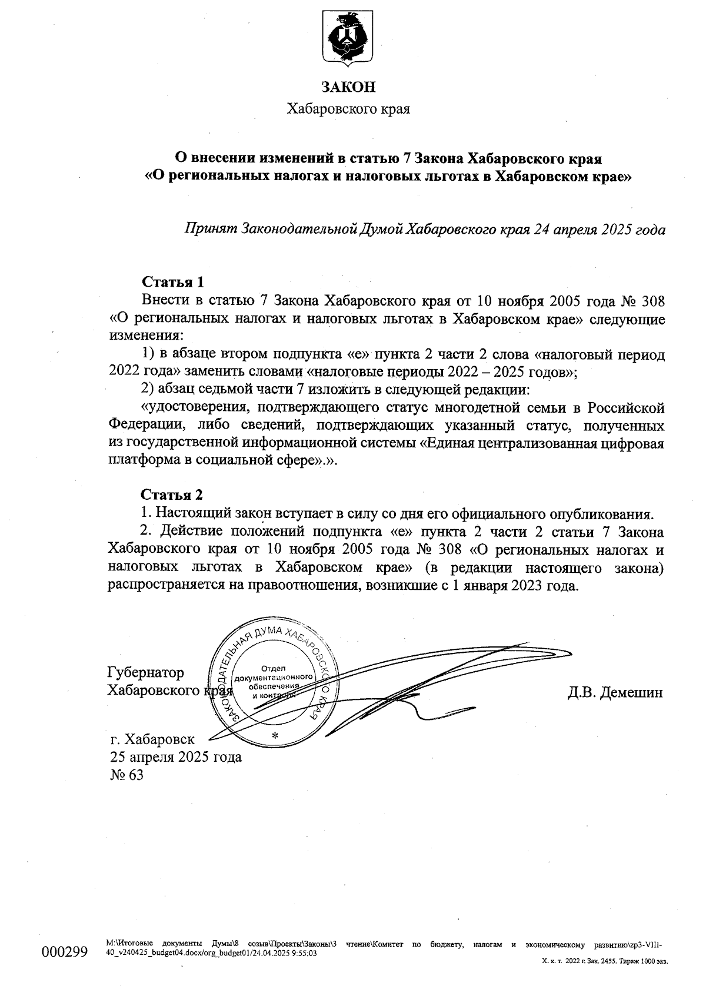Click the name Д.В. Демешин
click(615, 692)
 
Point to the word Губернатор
click(145, 672)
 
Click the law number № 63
click(126, 775)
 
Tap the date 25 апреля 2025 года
click(175, 756)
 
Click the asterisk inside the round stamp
click(274, 735)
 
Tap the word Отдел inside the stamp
click(273, 669)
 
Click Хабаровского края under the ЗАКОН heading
click(348, 109)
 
